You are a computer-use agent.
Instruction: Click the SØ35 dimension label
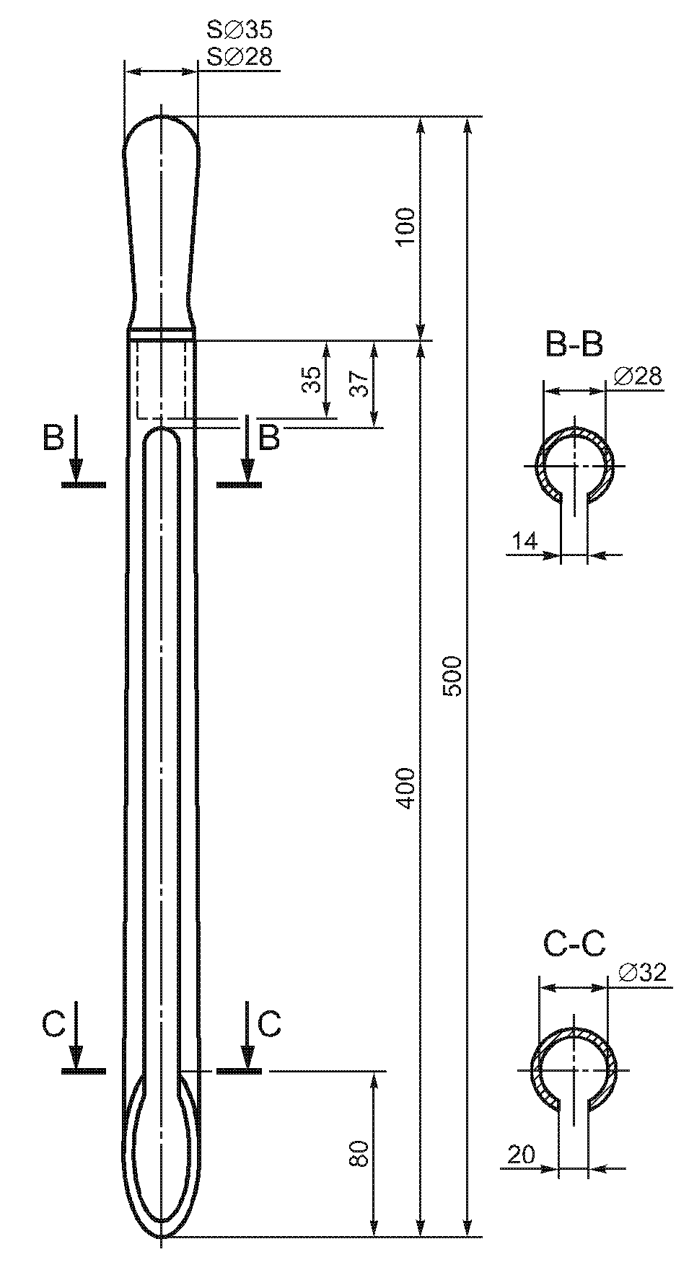click(x=240, y=30)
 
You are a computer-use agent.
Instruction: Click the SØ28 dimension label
click(x=240, y=57)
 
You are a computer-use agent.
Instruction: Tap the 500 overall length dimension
click(x=452, y=676)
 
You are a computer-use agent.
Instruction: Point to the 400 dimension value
click(x=406, y=788)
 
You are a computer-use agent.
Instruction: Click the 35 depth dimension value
click(x=312, y=379)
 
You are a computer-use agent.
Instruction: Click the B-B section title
click(x=574, y=345)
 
